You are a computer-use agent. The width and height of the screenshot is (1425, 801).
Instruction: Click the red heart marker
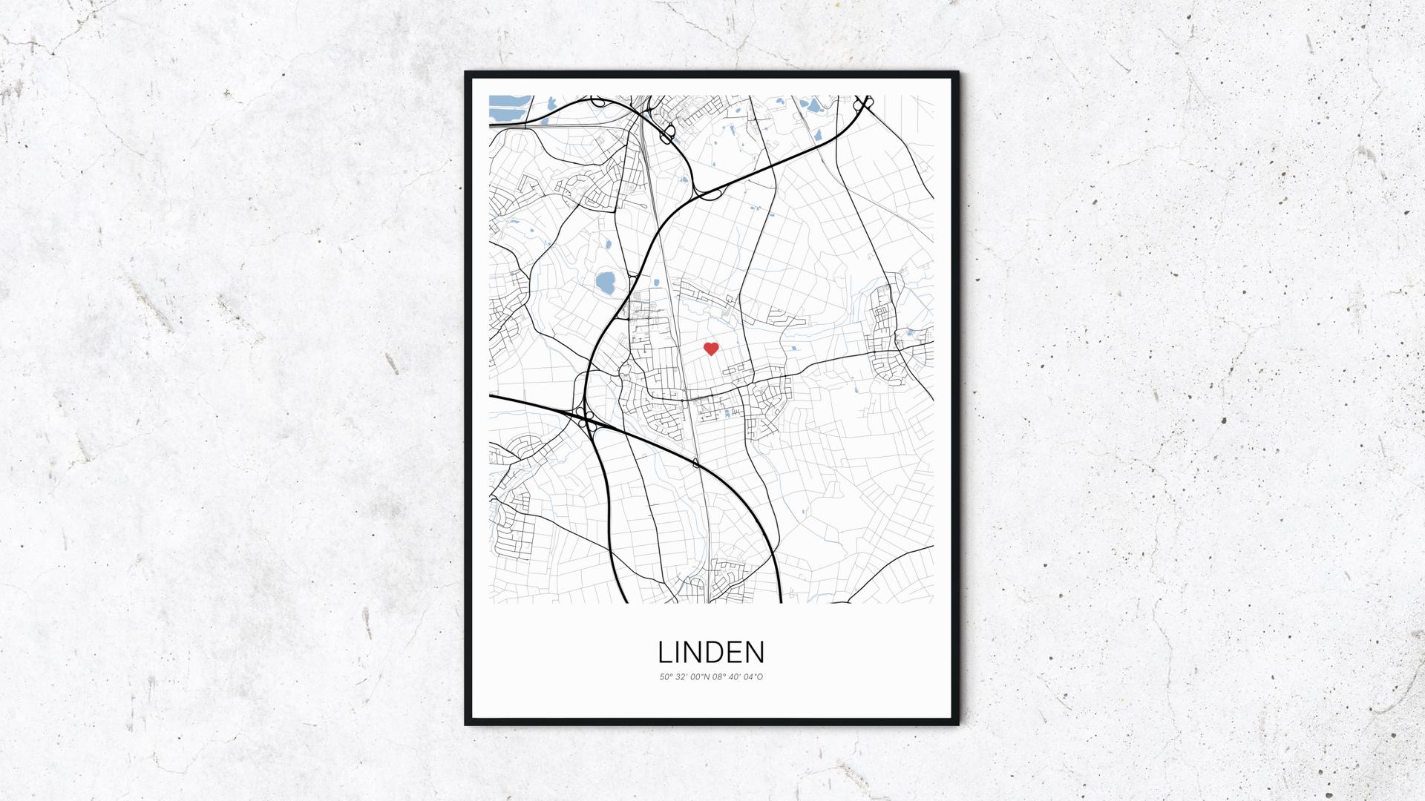point(711,349)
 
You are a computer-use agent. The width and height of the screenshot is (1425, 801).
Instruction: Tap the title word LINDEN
point(711,652)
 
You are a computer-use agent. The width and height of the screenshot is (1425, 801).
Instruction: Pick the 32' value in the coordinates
point(681,677)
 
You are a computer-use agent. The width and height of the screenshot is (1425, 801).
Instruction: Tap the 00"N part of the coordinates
point(701,677)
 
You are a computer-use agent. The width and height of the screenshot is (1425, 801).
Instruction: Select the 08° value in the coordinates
point(720,677)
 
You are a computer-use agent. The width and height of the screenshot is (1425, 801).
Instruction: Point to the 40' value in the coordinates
point(736,677)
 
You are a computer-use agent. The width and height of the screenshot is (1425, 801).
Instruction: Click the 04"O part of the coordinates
point(754,677)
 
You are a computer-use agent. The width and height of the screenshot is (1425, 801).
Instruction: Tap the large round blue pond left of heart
point(606,282)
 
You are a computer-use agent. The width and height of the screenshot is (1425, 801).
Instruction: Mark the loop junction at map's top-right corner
point(863,104)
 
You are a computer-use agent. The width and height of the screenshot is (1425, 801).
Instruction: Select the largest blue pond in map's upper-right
point(814,107)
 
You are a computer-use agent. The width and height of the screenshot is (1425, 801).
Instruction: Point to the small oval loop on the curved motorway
point(695,464)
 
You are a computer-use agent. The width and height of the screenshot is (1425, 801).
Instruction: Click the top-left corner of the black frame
point(467,73)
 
